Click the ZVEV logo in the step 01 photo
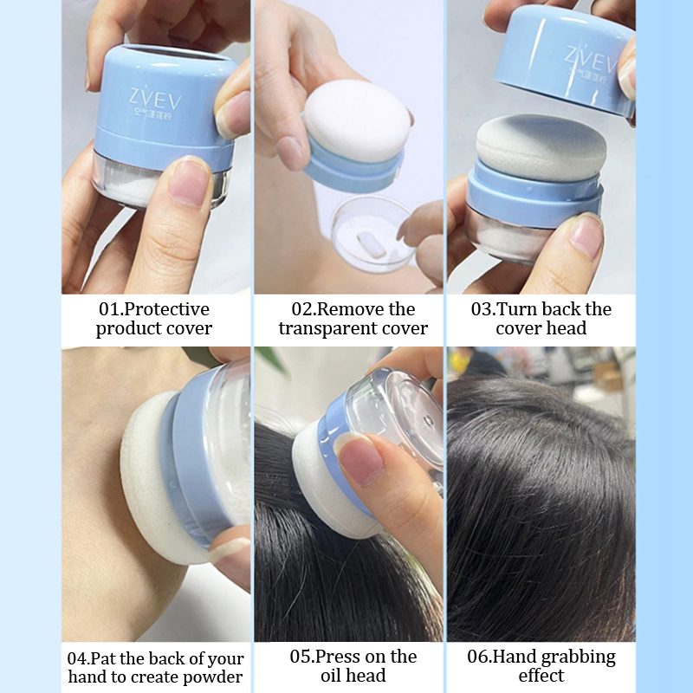(x=155, y=99)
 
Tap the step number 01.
(x=109, y=309)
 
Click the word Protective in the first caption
(x=166, y=309)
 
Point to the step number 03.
(x=482, y=309)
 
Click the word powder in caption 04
(x=212, y=677)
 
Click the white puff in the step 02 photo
(x=358, y=120)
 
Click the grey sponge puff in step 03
(x=541, y=146)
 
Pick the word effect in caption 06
(x=541, y=676)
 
